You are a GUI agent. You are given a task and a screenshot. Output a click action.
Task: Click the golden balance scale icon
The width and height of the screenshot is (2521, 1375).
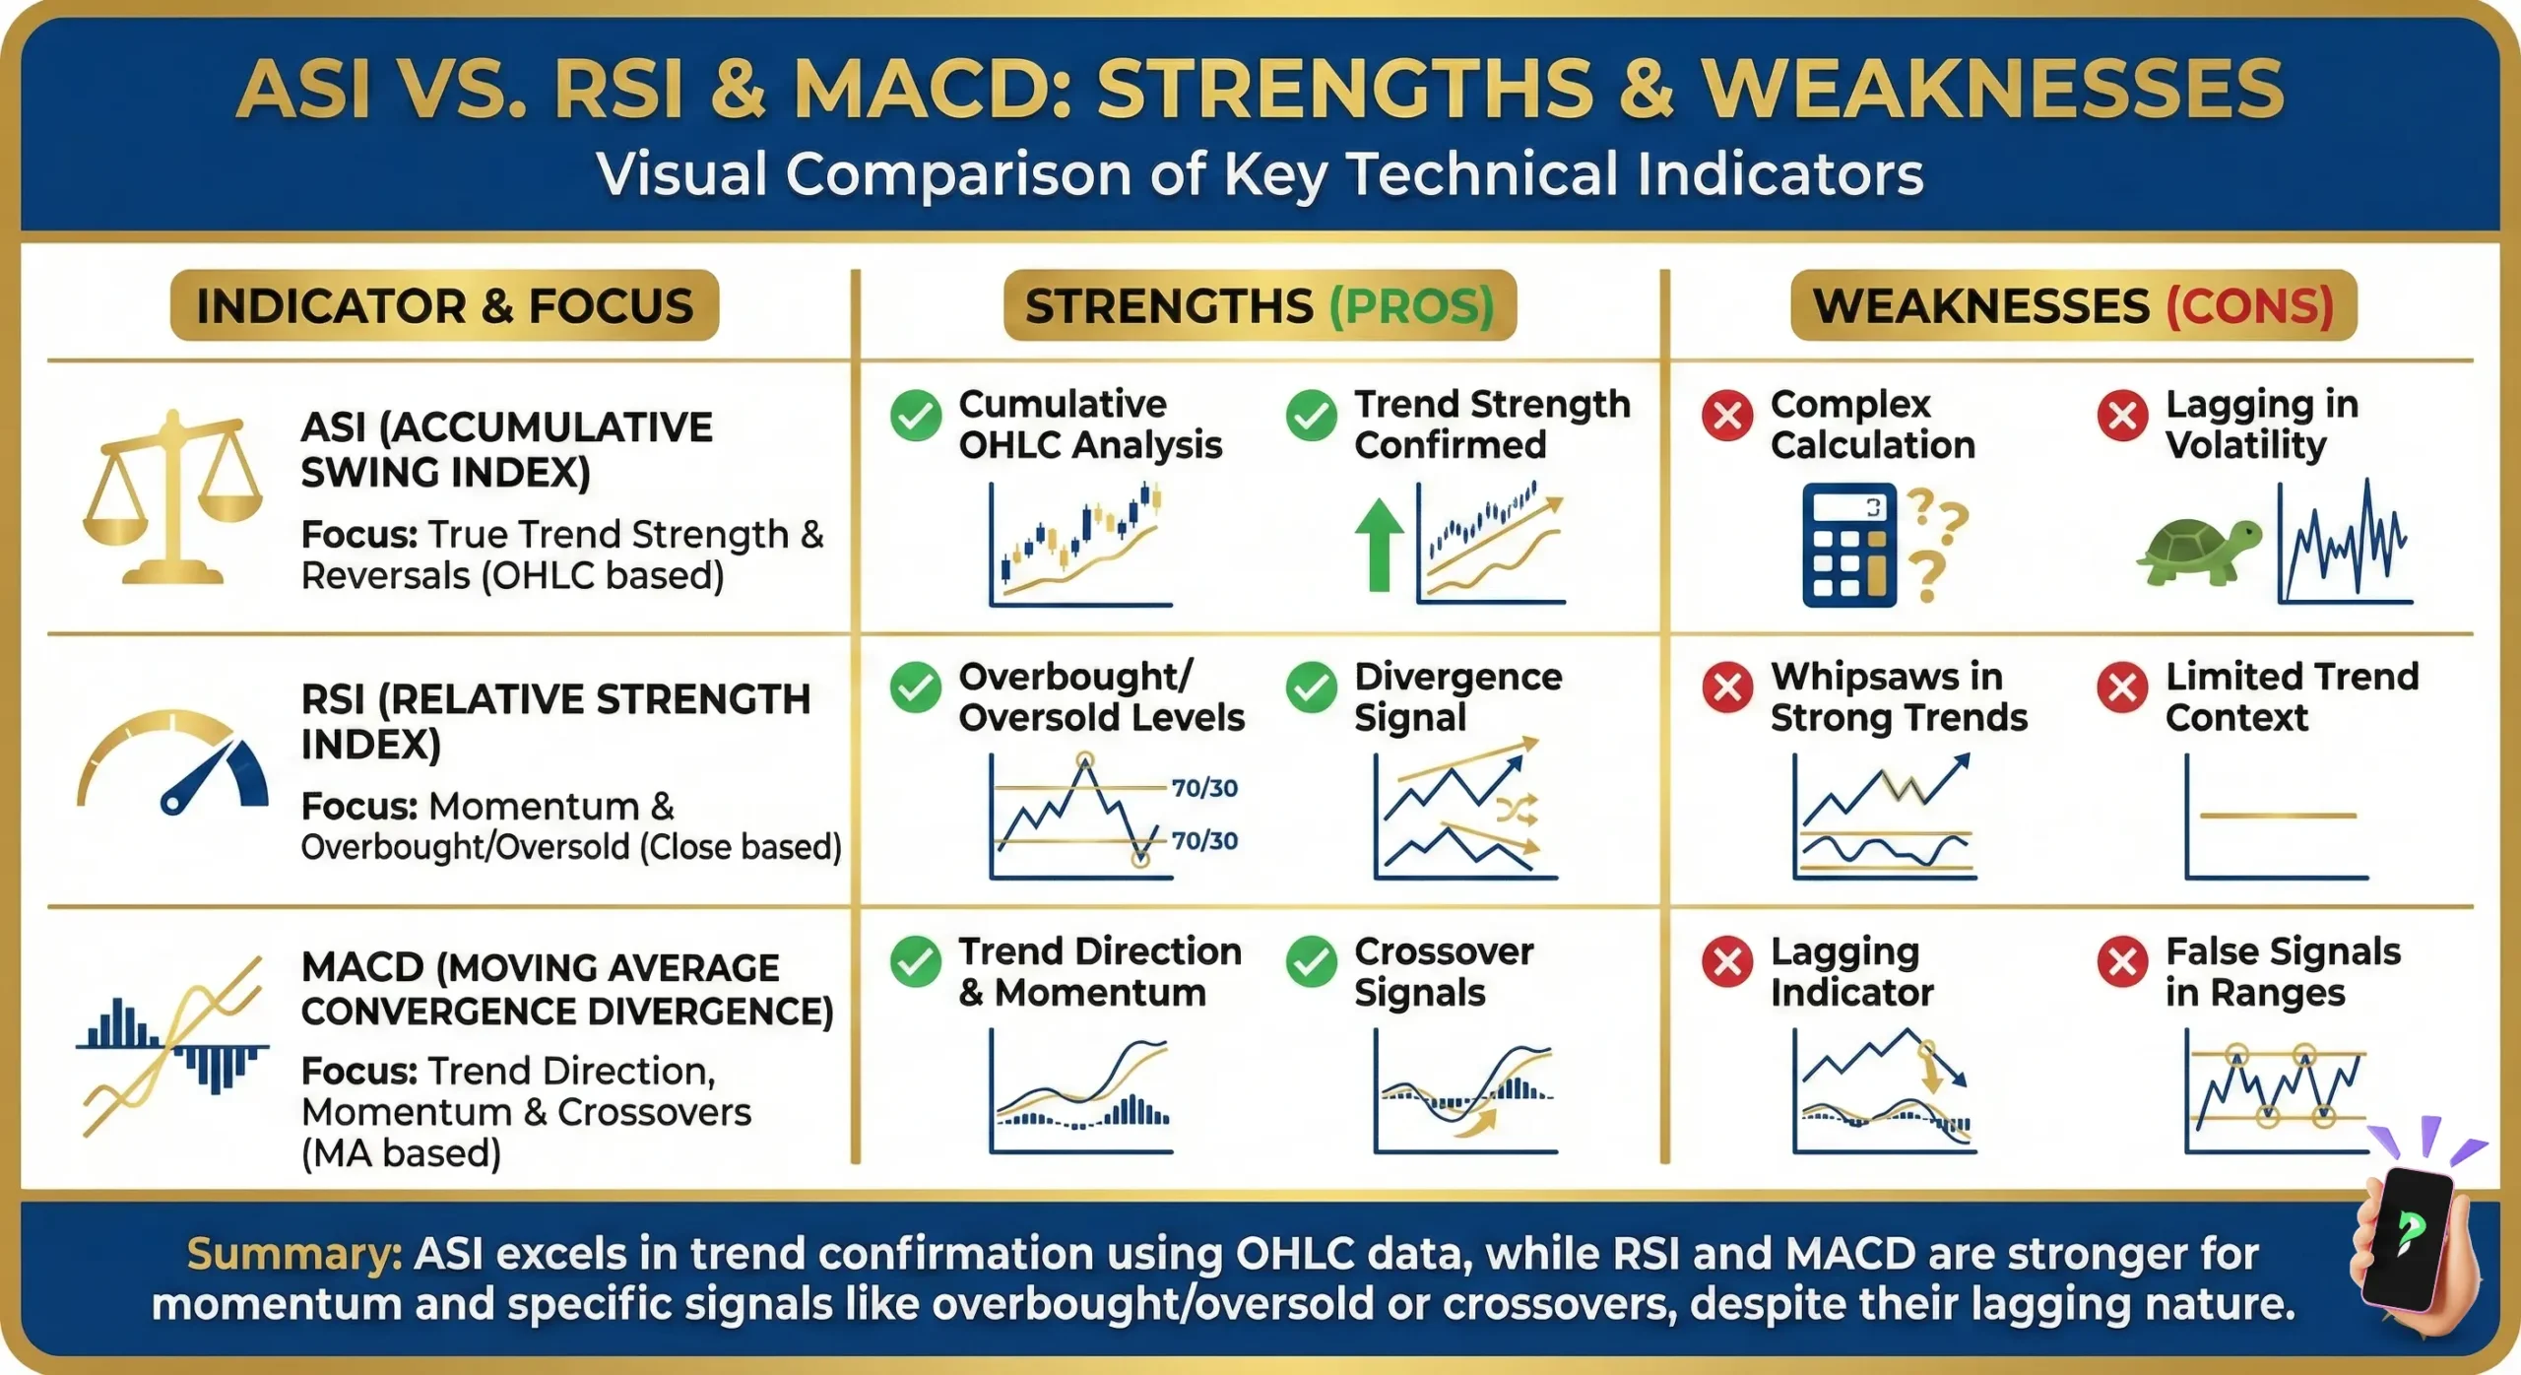(x=172, y=497)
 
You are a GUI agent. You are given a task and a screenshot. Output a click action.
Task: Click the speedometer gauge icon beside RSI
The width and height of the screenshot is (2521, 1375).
(x=172, y=763)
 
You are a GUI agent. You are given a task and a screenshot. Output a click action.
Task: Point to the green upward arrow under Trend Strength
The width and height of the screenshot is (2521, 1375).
(x=1379, y=544)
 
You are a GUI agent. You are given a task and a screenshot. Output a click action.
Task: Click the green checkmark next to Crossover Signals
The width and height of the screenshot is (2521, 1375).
(x=1312, y=961)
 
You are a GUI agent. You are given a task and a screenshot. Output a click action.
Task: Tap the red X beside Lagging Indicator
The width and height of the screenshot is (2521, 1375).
(x=1727, y=961)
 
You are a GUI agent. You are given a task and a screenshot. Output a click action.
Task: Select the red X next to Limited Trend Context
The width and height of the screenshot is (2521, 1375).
(x=2122, y=687)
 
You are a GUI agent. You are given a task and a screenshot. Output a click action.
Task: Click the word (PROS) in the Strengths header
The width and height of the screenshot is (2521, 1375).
(x=1411, y=306)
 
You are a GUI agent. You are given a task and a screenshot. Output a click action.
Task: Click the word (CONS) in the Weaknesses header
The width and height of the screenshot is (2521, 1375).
(x=2249, y=306)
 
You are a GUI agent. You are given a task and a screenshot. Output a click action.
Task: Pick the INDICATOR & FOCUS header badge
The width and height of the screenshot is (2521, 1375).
(x=444, y=306)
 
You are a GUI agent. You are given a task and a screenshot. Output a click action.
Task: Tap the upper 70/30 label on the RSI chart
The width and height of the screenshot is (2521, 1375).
(x=1203, y=788)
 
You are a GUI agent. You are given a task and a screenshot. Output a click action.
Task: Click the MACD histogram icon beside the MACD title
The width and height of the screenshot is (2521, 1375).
(x=172, y=1047)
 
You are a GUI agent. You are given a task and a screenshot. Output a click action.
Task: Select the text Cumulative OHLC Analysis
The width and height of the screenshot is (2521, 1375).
(x=1089, y=425)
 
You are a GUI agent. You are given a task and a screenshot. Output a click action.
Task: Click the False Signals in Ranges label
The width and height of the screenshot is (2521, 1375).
(x=2282, y=972)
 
